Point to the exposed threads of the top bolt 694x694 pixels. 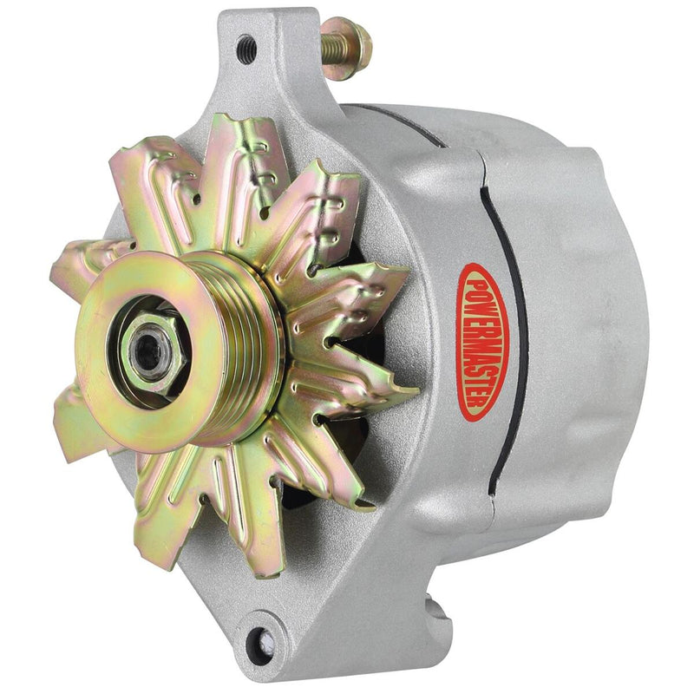click(331, 43)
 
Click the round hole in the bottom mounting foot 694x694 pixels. click(258, 643)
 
